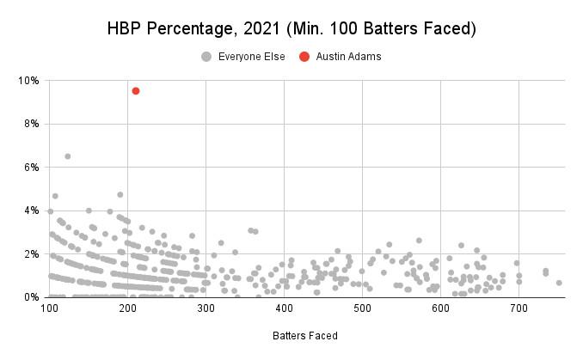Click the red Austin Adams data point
coord(136,90)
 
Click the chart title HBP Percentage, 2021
coord(291,28)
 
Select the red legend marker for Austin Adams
coord(304,57)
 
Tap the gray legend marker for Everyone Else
coord(206,57)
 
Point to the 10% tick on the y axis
coord(29,81)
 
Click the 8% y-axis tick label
coord(32,124)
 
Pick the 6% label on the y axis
coord(32,168)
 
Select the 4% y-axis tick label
coord(32,211)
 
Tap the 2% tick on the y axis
coord(32,254)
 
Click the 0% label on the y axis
coord(32,297)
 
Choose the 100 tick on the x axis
coord(50,308)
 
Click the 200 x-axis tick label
coord(128,308)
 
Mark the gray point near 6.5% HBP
coord(67,156)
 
